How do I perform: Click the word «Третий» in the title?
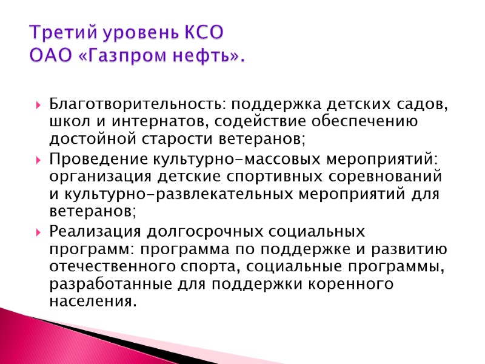[56, 32]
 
